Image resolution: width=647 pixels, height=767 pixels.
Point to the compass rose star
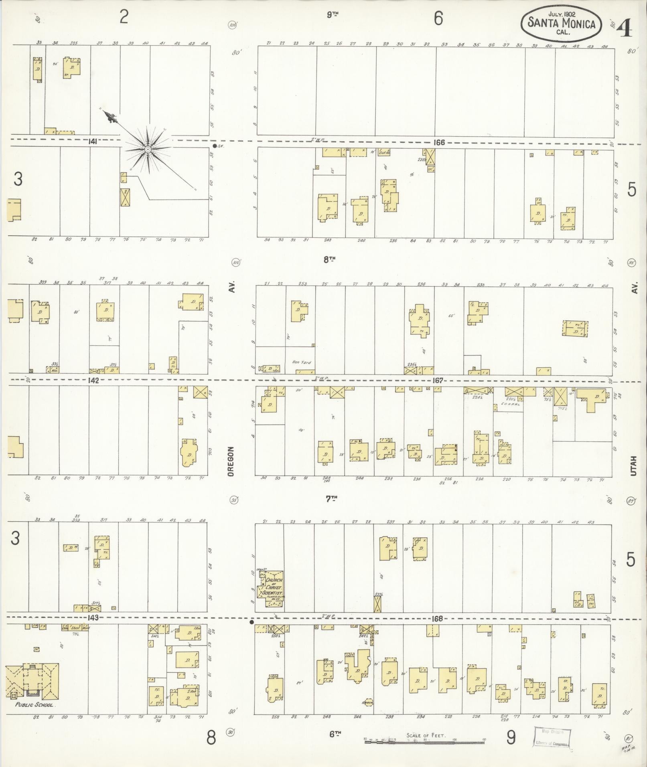pyautogui.click(x=148, y=150)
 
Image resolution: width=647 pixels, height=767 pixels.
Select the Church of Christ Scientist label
pyautogui.click(x=273, y=587)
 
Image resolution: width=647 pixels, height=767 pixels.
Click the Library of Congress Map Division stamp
pyautogui.click(x=552, y=738)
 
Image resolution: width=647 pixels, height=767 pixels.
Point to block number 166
pyautogui.click(x=439, y=142)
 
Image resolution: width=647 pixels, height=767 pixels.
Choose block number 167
pyautogui.click(x=437, y=380)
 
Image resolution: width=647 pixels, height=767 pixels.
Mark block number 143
pyautogui.click(x=92, y=618)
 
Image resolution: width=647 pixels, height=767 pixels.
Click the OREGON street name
pyautogui.click(x=231, y=462)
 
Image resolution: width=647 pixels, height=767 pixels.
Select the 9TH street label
pyautogui.click(x=333, y=15)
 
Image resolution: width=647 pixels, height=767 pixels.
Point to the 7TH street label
pyautogui.click(x=331, y=499)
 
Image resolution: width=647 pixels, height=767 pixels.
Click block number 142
pyautogui.click(x=93, y=380)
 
